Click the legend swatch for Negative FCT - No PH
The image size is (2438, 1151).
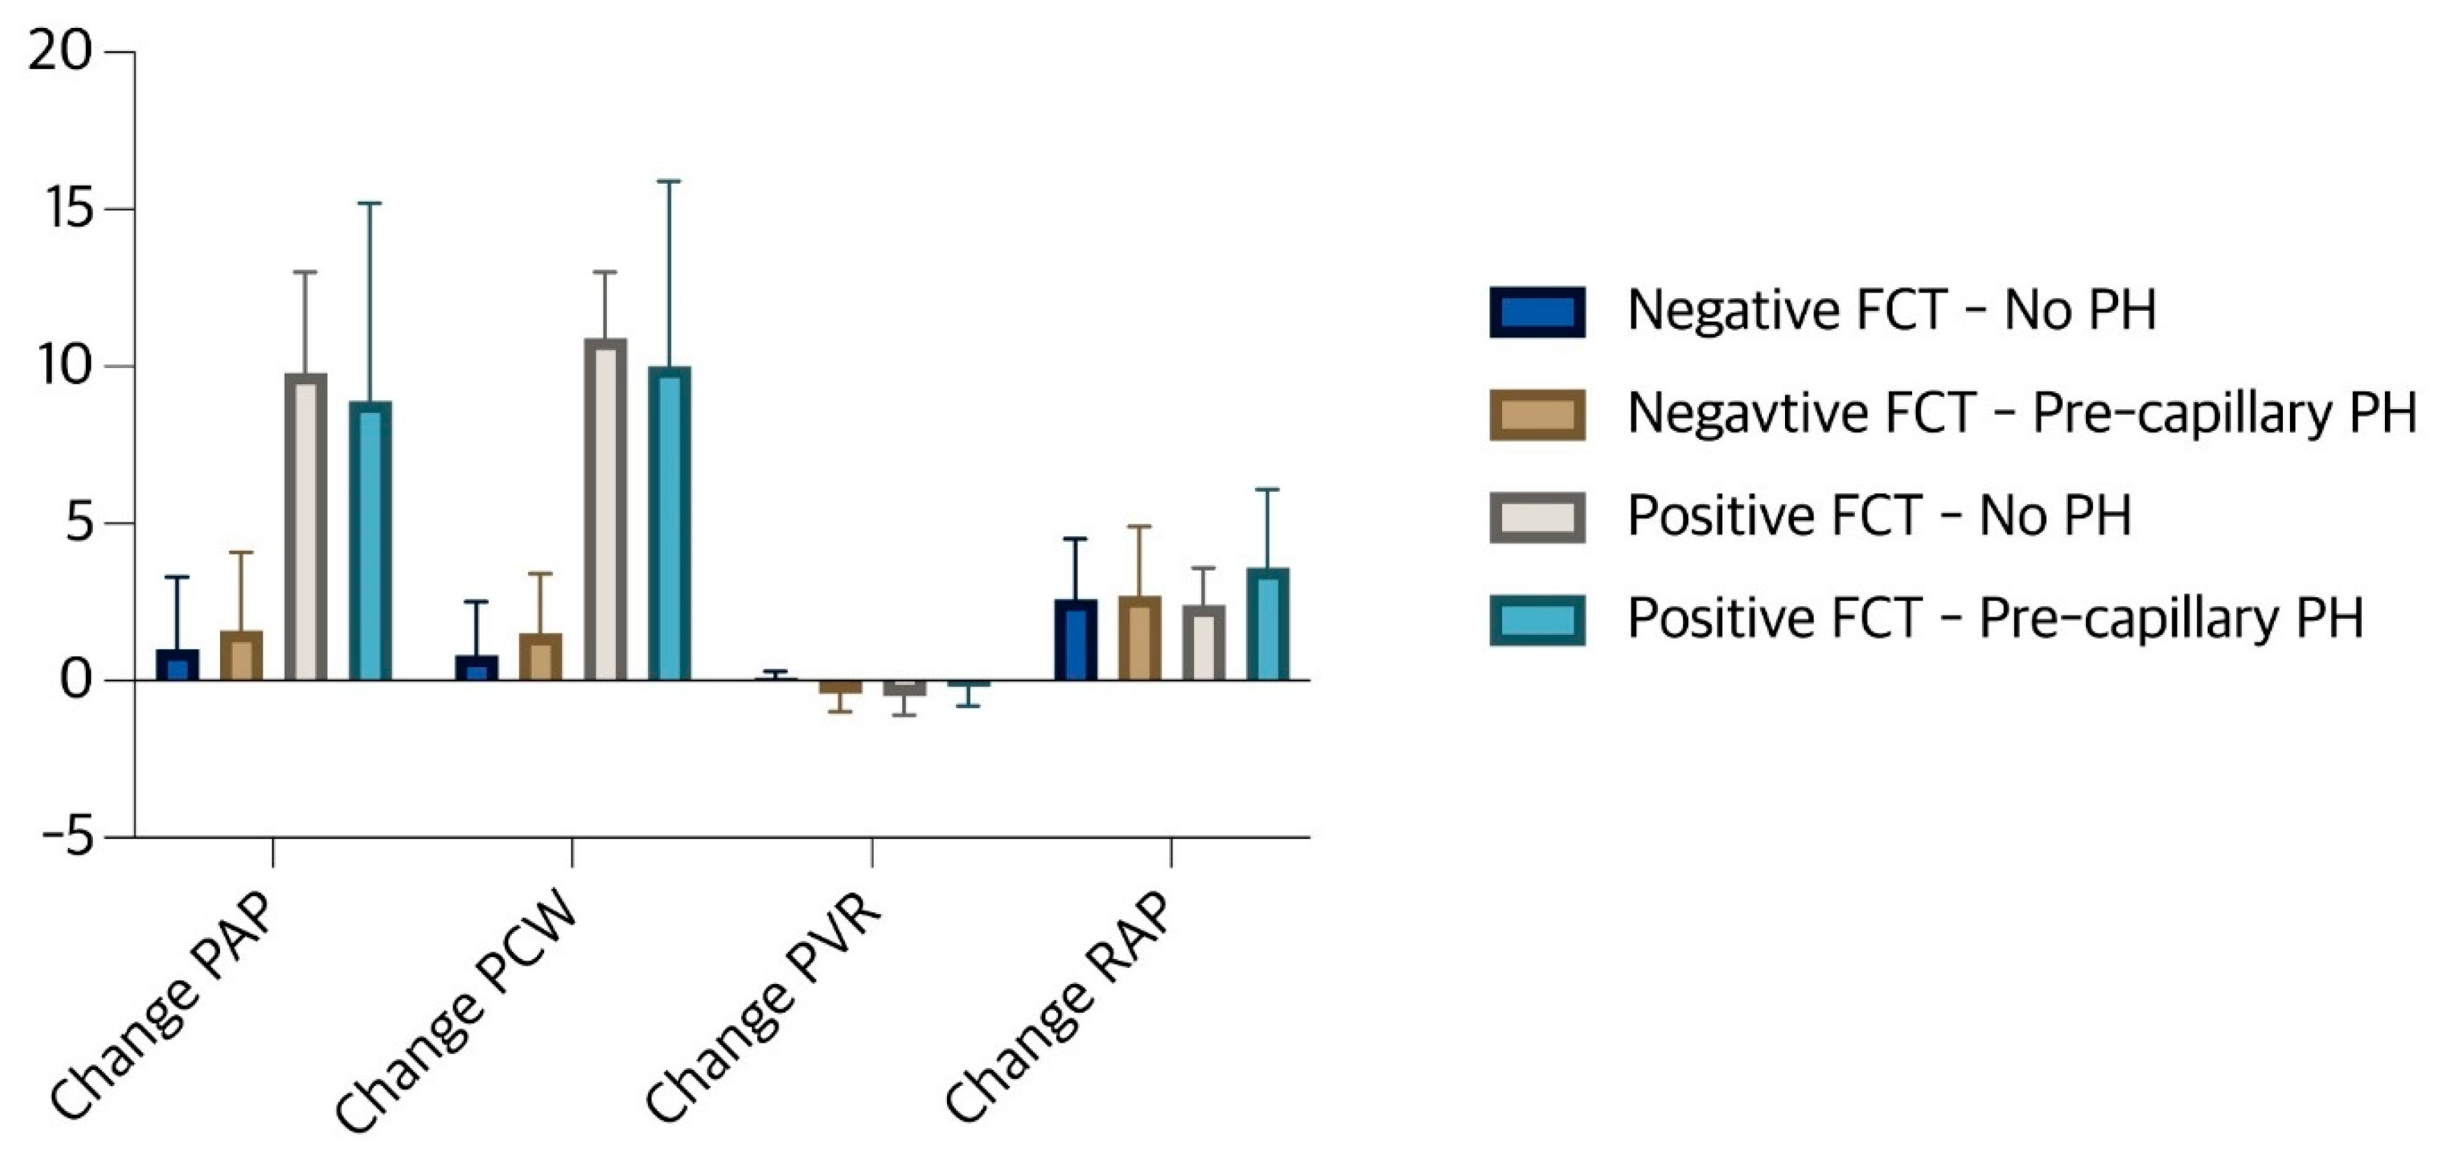(1537, 311)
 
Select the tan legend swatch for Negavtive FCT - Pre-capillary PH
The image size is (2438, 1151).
(1537, 415)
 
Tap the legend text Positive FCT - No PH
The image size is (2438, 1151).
(1879, 517)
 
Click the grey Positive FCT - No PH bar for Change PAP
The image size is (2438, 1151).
(306, 527)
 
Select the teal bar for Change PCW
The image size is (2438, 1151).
(669, 523)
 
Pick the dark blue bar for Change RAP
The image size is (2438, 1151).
(1075, 640)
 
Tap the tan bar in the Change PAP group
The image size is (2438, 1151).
(242, 655)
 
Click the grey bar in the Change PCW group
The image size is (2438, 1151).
(605, 509)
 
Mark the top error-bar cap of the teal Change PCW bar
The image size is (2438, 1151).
(669, 181)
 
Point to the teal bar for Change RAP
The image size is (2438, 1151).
(1268, 624)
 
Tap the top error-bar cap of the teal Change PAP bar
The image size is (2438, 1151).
(370, 203)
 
